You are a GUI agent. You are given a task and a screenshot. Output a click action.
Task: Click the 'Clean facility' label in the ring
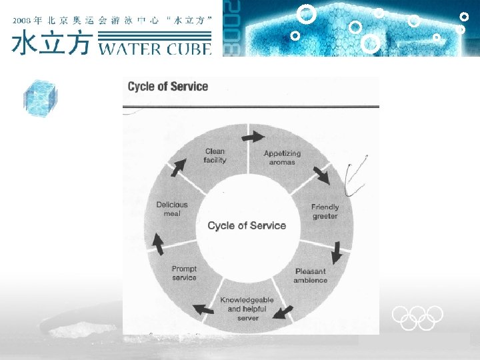[x=215, y=155]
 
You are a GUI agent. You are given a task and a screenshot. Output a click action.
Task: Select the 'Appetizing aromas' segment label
[x=282, y=157]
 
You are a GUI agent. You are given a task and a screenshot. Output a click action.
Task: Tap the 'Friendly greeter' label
[x=325, y=211]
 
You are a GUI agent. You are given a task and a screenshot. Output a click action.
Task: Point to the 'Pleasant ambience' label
[x=310, y=275]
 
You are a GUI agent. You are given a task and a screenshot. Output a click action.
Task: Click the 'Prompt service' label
[x=184, y=273]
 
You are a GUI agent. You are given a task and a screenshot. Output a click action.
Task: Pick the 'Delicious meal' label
[x=172, y=209]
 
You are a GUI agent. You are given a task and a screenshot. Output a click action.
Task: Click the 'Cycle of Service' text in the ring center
[x=247, y=225]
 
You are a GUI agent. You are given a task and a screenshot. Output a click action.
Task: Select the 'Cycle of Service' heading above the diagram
[x=168, y=86]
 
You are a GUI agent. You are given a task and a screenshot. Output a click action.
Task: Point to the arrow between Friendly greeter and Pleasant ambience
[x=337, y=251]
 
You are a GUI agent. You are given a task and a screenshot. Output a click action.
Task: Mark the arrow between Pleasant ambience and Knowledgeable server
[x=283, y=311]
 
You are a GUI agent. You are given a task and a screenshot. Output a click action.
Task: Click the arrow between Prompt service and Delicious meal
[x=158, y=244]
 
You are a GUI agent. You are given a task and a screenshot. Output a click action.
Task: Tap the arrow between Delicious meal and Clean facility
[x=178, y=168]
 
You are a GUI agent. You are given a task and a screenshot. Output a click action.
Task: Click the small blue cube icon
[x=39, y=98]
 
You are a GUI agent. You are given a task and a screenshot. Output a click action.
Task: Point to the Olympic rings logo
[x=417, y=317]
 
